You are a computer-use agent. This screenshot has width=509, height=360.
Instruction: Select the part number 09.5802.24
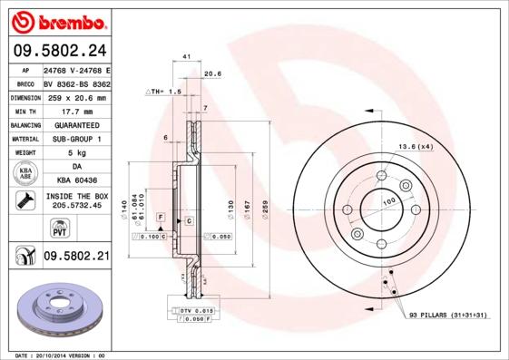click(58, 50)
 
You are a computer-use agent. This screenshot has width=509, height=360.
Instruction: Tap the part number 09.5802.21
click(76, 257)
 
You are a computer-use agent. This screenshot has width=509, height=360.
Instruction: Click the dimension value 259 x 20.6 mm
click(76, 97)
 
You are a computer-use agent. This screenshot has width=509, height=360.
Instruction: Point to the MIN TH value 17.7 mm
click(76, 111)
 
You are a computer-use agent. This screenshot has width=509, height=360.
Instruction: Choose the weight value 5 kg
click(76, 152)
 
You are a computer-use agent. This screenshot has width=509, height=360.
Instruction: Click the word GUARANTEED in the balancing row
click(76, 124)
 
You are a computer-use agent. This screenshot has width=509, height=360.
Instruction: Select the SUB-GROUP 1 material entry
click(76, 139)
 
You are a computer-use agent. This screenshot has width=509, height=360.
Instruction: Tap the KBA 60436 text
click(76, 180)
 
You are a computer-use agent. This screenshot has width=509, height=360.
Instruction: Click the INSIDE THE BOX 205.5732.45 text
click(76, 200)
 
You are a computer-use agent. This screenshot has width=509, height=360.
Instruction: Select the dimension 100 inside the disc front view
click(389, 200)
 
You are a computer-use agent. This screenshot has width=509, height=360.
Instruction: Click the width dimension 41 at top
click(186, 57)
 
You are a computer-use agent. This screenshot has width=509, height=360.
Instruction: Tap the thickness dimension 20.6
click(213, 73)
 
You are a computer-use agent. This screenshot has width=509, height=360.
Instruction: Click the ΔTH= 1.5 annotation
click(165, 92)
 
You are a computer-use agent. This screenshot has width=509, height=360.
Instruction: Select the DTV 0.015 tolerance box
click(199, 311)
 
